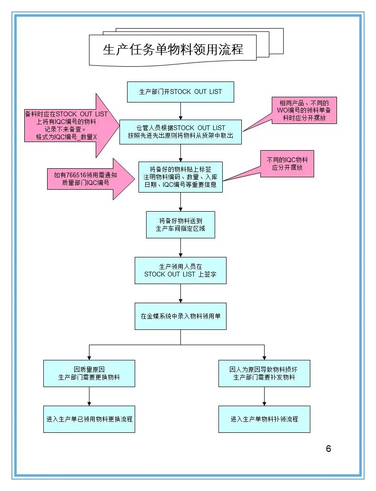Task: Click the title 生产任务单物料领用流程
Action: [x=173, y=50]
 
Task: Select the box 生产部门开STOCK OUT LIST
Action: [x=180, y=92]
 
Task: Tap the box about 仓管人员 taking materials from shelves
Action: [x=180, y=132]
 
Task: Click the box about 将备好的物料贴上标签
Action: [x=180, y=177]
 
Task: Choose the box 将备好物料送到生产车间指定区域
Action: [x=180, y=225]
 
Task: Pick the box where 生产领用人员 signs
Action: [x=180, y=270]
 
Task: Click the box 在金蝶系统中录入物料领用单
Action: [x=180, y=316]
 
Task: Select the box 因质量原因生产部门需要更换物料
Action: [x=89, y=373]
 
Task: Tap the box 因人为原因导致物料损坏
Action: [x=264, y=373]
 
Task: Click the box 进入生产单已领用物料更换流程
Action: [x=89, y=419]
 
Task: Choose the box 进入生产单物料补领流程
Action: [x=264, y=419]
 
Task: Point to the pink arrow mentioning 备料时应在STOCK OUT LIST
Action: [x=67, y=125]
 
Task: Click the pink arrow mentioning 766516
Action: [x=86, y=178]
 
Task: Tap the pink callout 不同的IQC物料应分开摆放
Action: [x=287, y=164]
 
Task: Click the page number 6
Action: [x=328, y=449]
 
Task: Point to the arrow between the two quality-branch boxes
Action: [x=89, y=396]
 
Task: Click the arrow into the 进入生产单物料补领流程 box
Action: [x=264, y=403]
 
